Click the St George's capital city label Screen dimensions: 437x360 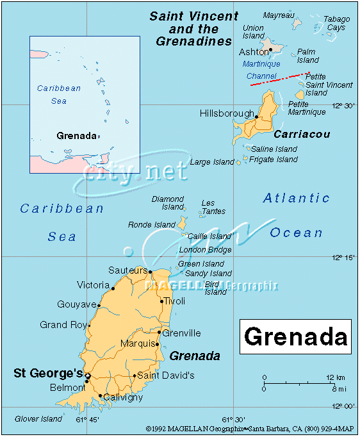tap(48, 373)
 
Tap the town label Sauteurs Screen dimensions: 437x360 tap(128, 270)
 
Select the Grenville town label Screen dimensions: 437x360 tap(181, 333)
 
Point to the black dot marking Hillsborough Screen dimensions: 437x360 tap(256, 117)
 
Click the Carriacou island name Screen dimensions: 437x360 tap(302, 135)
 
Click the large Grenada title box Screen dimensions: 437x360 tap(295, 336)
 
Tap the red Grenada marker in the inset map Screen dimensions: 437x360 tap(99, 136)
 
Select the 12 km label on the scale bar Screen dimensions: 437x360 tap(336, 377)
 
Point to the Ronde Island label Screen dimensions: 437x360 tap(152, 225)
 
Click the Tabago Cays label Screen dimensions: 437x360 tap(336, 24)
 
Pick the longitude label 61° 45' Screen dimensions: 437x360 tap(88, 420)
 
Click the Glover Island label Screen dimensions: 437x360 tap(38, 419)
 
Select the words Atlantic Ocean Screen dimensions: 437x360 tap(297, 215)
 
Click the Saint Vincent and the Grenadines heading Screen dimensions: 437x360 tap(193, 29)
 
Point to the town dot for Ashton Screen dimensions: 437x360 tap(271, 49)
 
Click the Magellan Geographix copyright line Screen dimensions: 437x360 tap(250, 429)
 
